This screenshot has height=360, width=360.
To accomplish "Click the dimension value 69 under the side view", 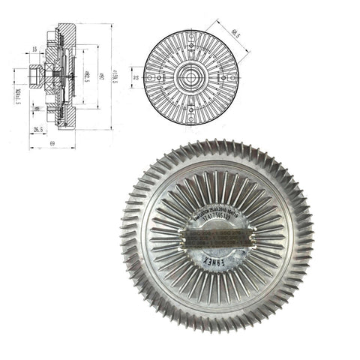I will [x=52, y=142].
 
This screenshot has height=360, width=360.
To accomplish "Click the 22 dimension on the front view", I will [x=136, y=76].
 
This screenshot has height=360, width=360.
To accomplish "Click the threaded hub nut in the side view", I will [x=35, y=76].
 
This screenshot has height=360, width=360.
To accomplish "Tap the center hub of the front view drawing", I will [x=190, y=76].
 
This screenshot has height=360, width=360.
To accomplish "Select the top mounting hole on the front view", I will [x=190, y=43].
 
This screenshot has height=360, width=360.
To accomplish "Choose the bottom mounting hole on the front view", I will [x=190, y=110].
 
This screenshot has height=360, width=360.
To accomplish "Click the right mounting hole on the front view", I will [x=223, y=76].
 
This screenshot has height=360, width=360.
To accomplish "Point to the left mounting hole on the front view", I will [x=157, y=76].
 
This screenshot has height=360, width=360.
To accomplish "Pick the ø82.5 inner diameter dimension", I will [x=88, y=76].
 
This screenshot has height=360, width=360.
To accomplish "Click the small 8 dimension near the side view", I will [x=35, y=109].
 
